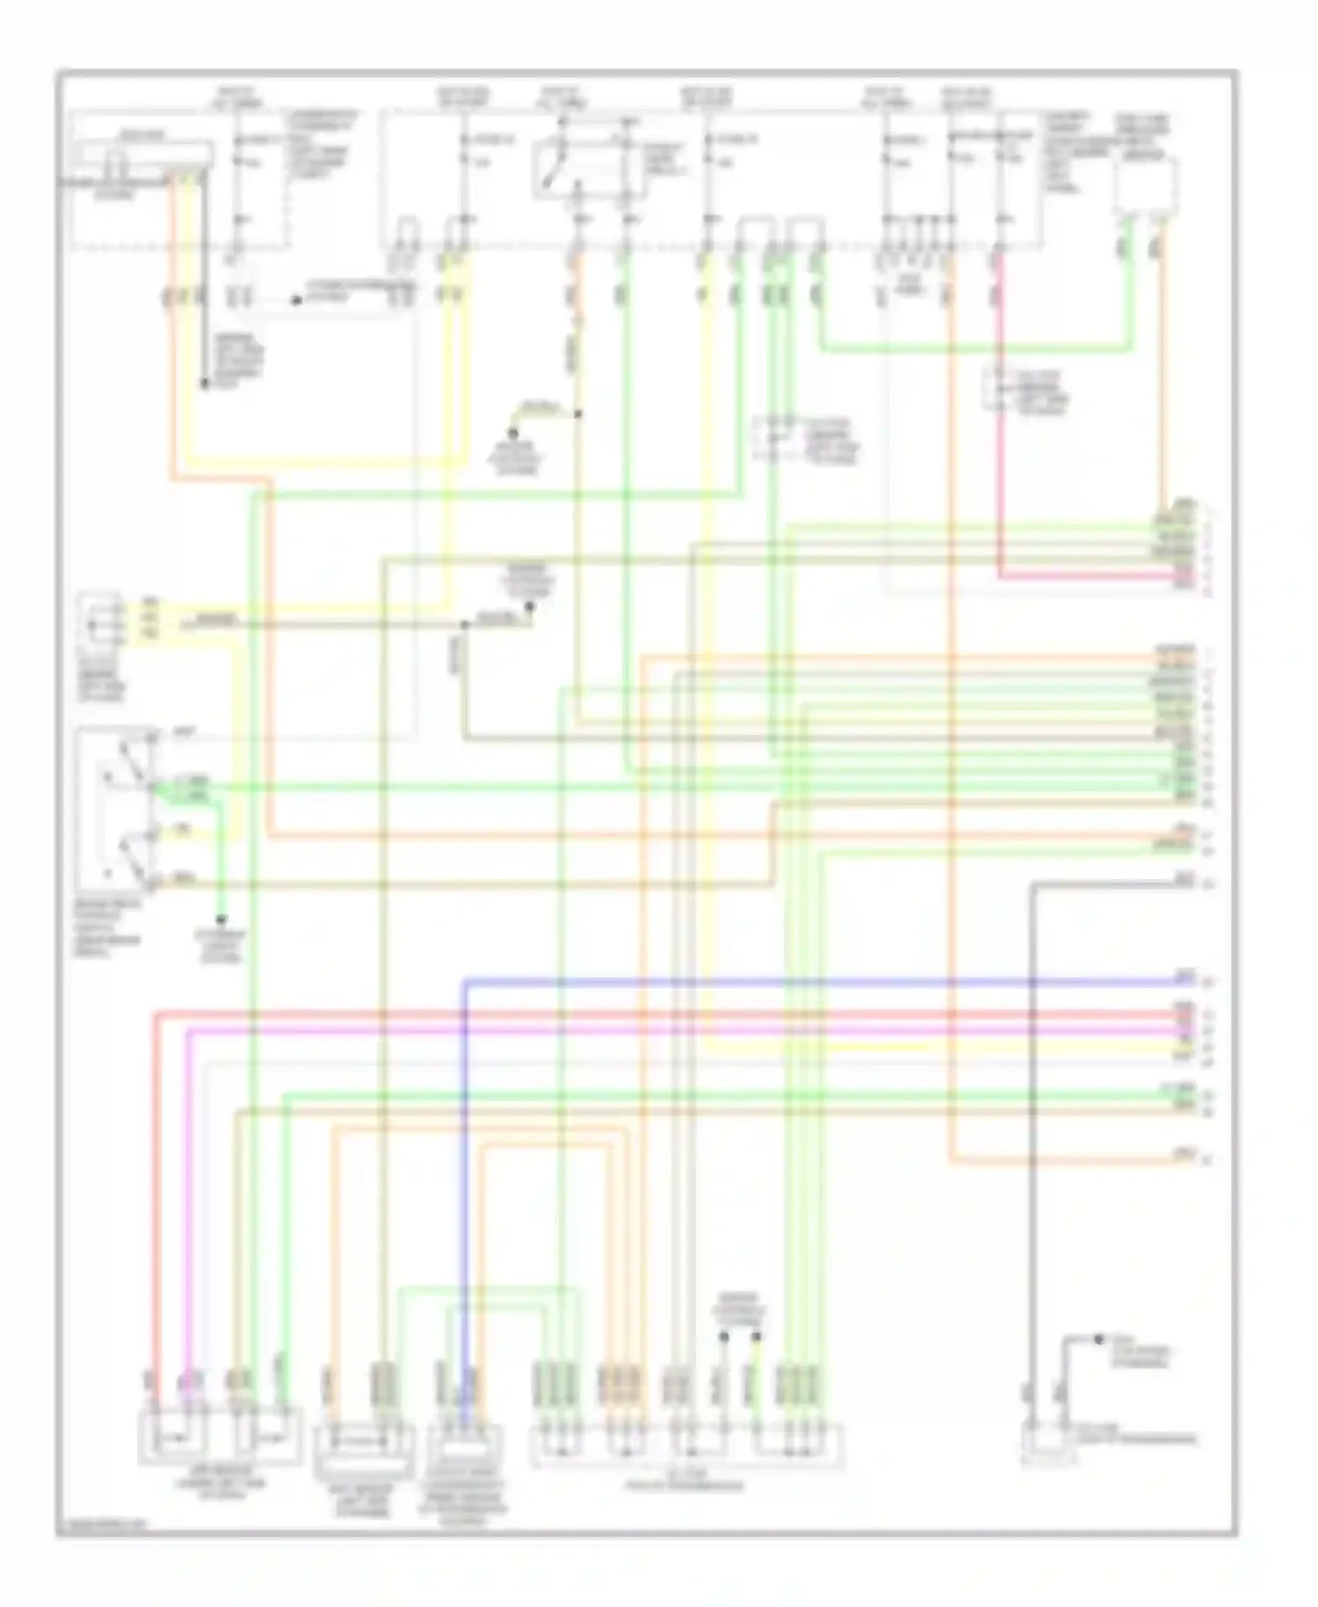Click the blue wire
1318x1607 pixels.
click(791, 980)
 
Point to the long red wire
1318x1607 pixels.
click(615, 1014)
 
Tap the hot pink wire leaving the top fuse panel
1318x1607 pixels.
click(999, 440)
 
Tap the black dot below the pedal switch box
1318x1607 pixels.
click(221, 918)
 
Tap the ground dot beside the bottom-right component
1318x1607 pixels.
click(1098, 1339)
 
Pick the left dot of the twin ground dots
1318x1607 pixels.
click(724, 1336)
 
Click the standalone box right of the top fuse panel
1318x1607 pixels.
click(1145, 186)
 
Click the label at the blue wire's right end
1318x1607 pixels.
click(1184, 975)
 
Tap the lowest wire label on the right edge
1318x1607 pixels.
click(1184, 1153)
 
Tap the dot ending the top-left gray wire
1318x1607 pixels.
click(203, 384)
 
